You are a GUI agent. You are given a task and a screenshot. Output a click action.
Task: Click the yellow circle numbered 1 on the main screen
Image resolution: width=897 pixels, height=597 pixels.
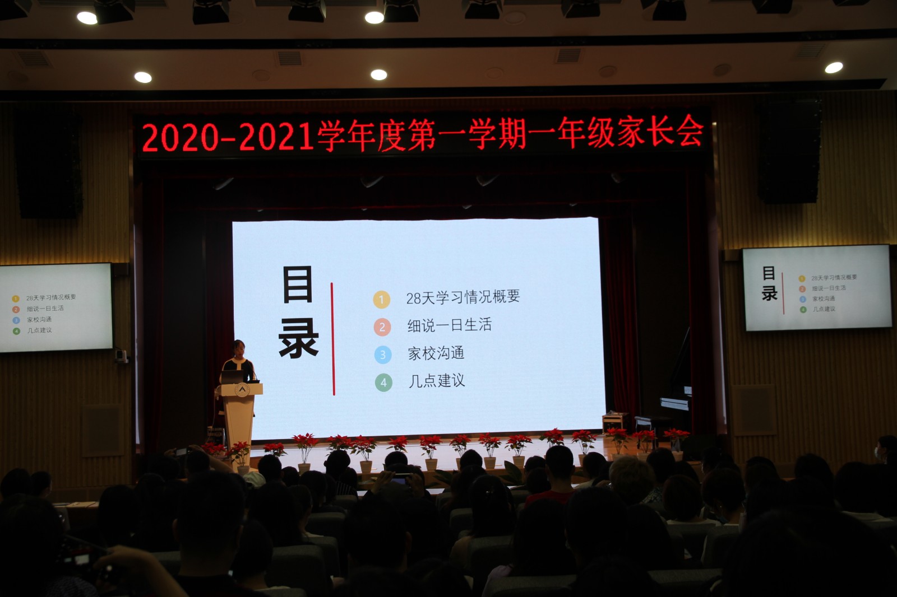(x=381, y=300)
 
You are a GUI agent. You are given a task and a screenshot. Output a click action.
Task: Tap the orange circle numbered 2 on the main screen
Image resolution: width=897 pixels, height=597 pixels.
(x=382, y=327)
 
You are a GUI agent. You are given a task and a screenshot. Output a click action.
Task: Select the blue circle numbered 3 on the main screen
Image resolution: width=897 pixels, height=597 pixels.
(x=383, y=355)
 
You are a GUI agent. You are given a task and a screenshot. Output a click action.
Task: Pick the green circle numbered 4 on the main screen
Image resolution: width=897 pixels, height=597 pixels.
(x=383, y=383)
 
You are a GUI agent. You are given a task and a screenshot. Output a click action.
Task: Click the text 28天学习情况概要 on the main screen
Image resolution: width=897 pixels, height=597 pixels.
(x=463, y=296)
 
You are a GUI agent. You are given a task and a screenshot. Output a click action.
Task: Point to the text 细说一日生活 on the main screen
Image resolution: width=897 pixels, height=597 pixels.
(x=449, y=325)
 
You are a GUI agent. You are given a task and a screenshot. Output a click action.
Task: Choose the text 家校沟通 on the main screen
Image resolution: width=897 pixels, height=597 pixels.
(x=436, y=353)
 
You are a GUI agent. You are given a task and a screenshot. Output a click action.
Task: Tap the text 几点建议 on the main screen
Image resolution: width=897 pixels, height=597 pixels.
(x=437, y=381)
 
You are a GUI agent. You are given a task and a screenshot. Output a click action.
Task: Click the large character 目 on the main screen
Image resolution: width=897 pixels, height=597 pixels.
(x=298, y=284)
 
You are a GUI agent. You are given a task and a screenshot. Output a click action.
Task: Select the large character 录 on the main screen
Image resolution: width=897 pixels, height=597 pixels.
(x=299, y=338)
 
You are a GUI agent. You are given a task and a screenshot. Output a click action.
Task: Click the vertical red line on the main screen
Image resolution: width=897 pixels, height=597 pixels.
(x=333, y=339)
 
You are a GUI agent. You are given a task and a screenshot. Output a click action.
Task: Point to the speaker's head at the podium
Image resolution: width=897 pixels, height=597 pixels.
(x=239, y=349)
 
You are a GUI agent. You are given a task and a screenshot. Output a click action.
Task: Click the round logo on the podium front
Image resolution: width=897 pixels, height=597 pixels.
(x=242, y=390)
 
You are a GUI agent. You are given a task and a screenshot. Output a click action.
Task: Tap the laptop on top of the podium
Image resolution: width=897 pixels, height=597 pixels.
(x=232, y=377)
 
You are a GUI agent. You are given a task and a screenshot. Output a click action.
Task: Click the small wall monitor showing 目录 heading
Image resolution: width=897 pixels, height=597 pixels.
(x=816, y=288)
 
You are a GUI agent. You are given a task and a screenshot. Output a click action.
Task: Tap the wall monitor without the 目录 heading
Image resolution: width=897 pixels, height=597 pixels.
(x=56, y=307)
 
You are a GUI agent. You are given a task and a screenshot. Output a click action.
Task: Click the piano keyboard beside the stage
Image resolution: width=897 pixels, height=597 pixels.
(x=675, y=404)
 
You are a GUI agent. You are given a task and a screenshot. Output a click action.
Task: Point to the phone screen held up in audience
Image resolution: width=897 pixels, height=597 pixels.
(x=401, y=479)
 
